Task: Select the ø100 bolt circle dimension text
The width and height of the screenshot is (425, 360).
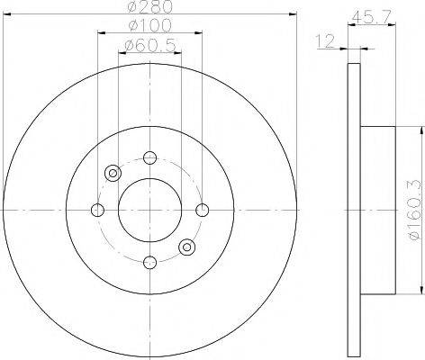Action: [149, 29]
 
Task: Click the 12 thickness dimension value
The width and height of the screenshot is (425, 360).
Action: [324, 39]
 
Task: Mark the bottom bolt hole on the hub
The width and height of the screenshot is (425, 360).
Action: [149, 262]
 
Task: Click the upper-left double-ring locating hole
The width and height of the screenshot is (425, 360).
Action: [113, 174]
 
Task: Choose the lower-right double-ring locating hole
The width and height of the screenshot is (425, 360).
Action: [185, 247]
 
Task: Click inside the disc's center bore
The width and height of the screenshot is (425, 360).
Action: [149, 210]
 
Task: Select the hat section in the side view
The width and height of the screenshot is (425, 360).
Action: [378, 210]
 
